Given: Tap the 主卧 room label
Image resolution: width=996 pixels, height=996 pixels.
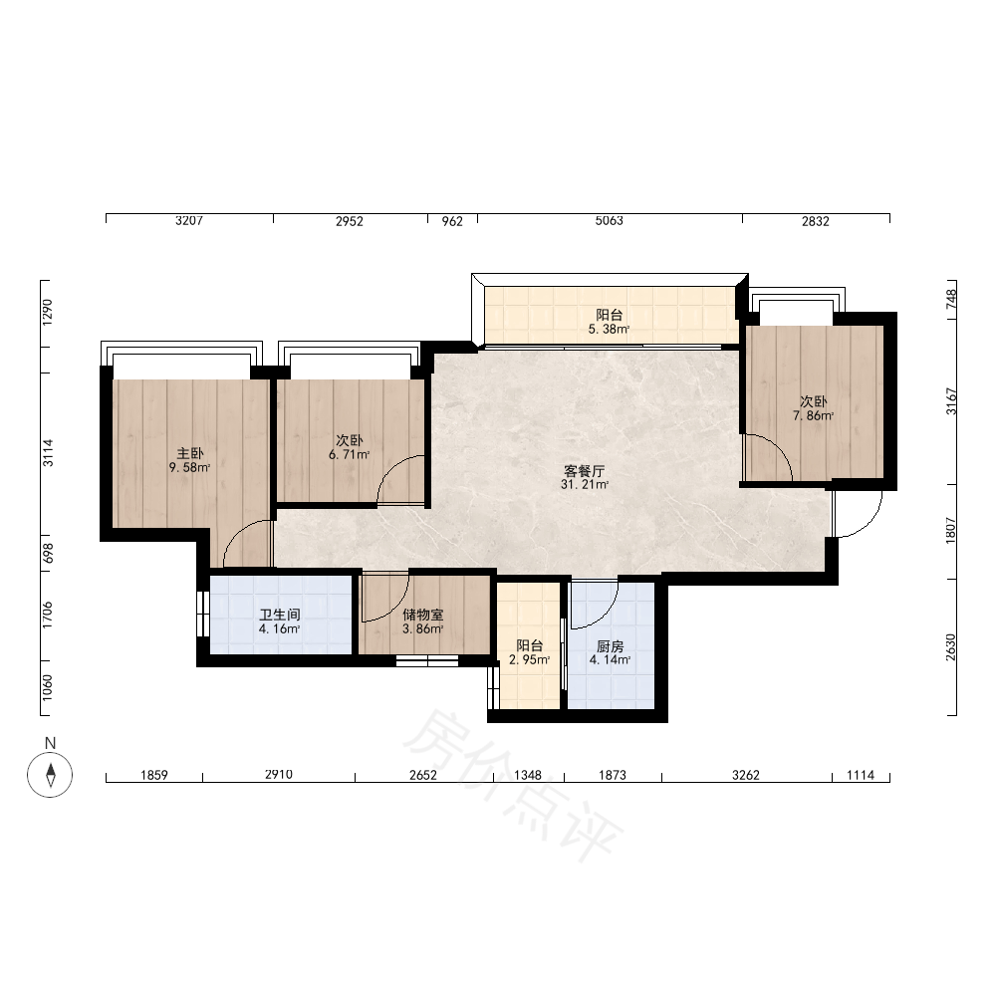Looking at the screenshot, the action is click(190, 453).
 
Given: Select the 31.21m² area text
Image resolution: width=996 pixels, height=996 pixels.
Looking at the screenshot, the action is click(585, 485).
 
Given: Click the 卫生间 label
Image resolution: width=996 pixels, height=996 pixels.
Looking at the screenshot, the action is click(280, 615).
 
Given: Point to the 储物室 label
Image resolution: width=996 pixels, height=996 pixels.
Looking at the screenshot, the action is click(423, 615).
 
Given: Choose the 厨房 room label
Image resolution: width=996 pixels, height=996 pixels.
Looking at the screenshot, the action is click(611, 646).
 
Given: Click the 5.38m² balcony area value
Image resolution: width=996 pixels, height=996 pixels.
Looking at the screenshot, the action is click(609, 329).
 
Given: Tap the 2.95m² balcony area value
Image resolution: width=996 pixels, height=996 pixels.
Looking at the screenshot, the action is click(529, 660).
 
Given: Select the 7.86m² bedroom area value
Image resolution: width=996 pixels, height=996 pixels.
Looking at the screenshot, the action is click(813, 416).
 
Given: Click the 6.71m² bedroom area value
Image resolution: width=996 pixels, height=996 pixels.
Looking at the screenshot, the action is click(349, 455).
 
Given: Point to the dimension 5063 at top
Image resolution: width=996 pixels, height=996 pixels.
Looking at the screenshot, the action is click(610, 220).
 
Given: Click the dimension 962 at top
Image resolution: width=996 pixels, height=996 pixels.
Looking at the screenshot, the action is click(452, 221).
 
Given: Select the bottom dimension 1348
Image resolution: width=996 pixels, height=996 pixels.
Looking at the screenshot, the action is click(528, 775).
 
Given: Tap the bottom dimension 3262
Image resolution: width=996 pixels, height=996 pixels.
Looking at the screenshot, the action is click(746, 775).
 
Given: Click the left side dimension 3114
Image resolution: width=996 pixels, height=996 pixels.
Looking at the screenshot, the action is click(48, 453).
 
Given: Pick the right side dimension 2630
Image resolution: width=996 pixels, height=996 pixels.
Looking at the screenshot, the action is click(950, 647).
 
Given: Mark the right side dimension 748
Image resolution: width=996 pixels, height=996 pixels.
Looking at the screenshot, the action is click(951, 299).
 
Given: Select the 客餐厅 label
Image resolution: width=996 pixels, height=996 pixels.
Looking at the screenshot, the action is click(585, 471).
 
